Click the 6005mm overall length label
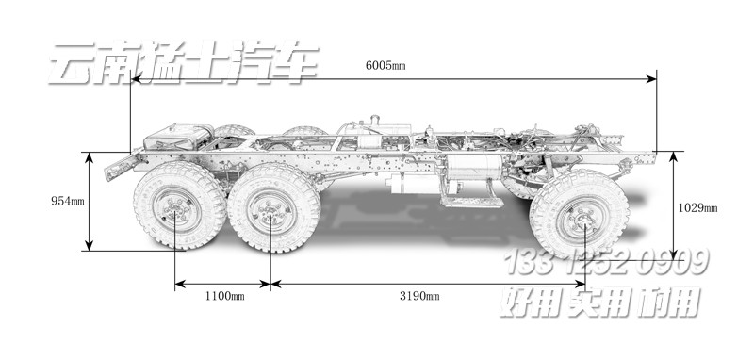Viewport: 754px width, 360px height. (x=385, y=65)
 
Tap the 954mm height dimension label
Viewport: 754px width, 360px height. (x=68, y=201)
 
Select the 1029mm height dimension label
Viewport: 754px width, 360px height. (x=697, y=207)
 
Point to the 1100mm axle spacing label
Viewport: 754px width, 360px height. (x=224, y=296)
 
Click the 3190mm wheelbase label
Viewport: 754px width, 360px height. (x=419, y=296)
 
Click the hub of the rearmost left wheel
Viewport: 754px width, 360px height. (x=176, y=210)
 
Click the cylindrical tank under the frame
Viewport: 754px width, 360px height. (x=470, y=167)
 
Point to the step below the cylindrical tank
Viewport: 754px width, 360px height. (x=472, y=200)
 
